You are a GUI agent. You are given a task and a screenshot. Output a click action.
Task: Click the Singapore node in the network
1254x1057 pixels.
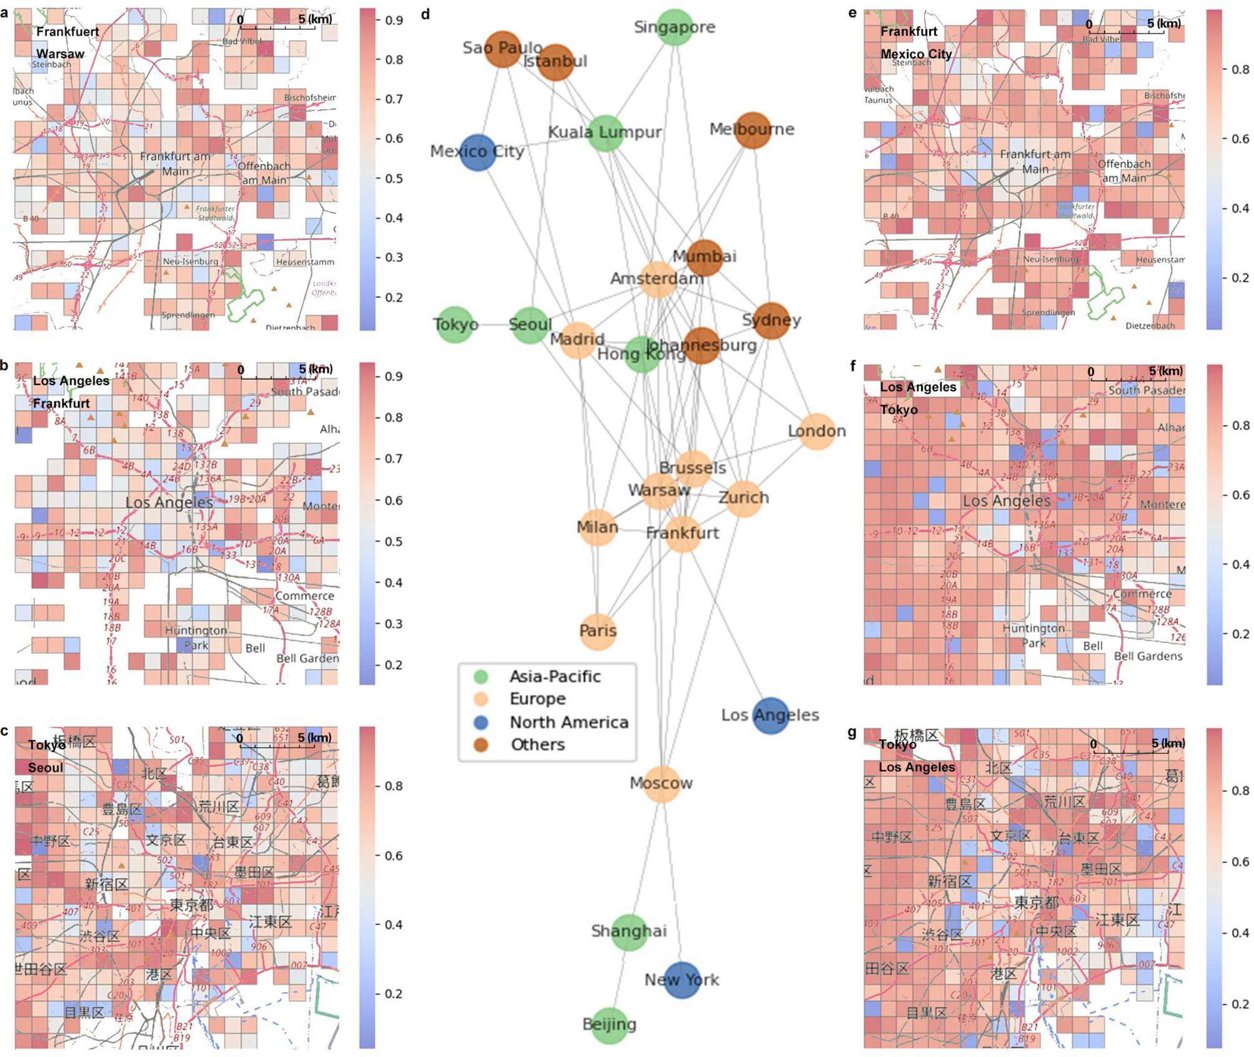tap(674, 28)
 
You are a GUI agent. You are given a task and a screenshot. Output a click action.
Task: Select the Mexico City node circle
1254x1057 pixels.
tap(478, 152)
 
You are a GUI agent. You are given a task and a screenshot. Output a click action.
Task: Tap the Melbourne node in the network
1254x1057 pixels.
tap(752, 130)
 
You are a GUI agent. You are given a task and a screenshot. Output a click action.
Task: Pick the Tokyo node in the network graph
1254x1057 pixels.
tap(455, 324)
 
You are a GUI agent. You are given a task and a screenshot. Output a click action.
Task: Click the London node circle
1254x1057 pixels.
tap(817, 431)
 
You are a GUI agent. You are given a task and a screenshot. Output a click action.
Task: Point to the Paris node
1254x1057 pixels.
tap(598, 631)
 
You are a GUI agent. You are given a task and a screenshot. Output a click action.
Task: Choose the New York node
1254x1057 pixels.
tap(682, 980)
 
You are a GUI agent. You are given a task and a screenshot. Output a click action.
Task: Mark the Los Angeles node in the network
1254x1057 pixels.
tap(770, 715)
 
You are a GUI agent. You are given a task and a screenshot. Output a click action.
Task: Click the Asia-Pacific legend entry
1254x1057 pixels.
tap(555, 676)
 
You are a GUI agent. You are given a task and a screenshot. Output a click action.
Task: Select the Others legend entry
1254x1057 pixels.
tap(537, 744)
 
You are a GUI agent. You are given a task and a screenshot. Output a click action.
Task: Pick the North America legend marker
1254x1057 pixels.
tap(480, 723)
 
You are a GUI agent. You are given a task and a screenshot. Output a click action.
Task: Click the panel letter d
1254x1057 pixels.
tap(425, 14)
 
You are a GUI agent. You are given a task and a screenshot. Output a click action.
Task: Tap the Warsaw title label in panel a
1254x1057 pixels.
tap(60, 54)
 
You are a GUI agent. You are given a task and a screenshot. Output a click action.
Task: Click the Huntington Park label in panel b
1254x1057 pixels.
tap(196, 637)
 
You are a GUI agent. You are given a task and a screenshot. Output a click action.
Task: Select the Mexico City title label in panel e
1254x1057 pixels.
tap(915, 54)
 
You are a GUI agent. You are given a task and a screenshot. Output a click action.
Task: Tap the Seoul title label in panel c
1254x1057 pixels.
tap(46, 768)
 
